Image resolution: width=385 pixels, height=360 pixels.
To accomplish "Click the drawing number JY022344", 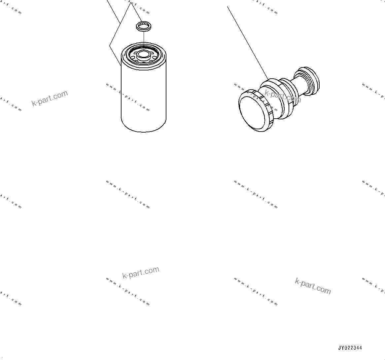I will coord(350,348).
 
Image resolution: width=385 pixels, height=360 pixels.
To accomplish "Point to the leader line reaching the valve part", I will coord(248,43).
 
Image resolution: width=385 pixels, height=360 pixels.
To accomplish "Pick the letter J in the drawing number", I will coord(339,348).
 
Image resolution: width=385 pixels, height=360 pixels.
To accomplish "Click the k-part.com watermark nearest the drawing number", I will coord(312,286).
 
